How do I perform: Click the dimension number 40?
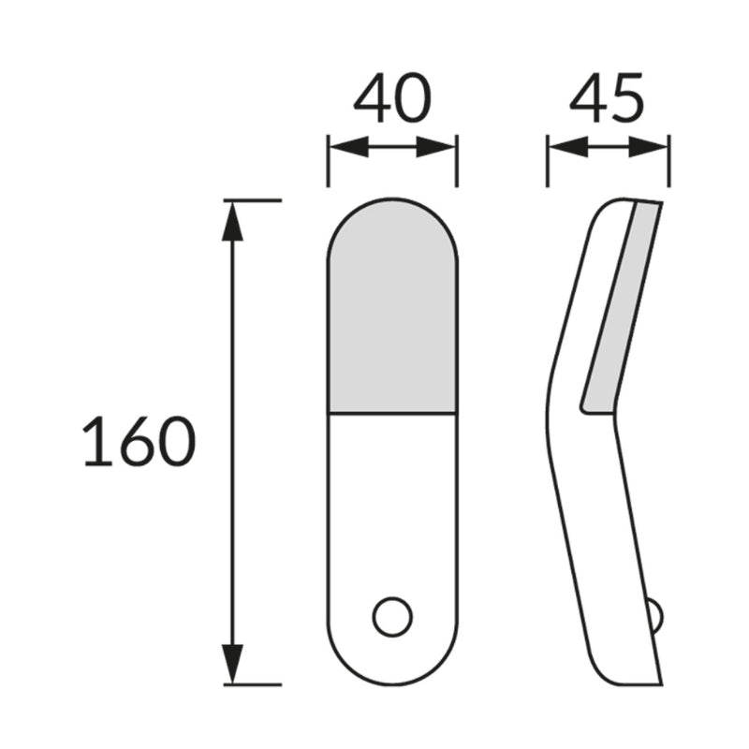point(392,98)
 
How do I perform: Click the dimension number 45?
point(607,98)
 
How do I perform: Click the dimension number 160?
point(140,441)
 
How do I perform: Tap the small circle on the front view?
point(392,617)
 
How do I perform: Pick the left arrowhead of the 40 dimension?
point(349,147)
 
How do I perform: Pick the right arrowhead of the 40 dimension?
point(436,147)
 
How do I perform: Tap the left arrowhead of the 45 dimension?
point(568,147)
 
